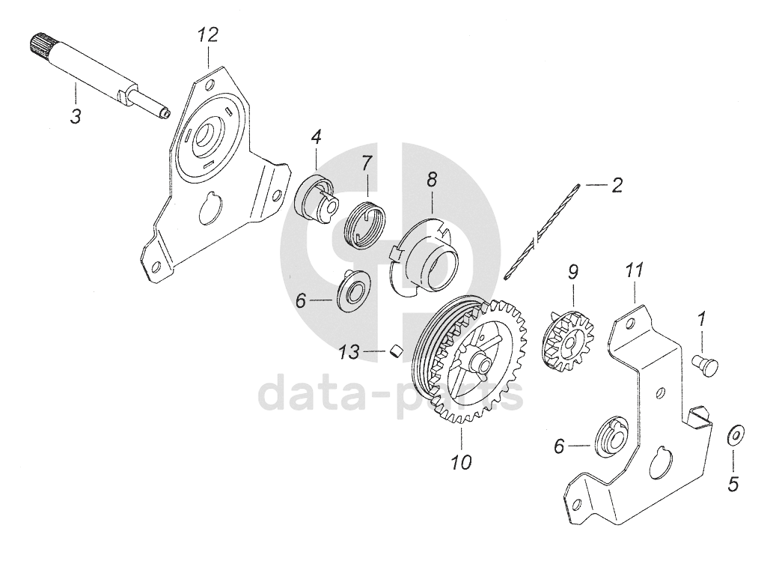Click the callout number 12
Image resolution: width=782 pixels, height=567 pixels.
coord(207,34)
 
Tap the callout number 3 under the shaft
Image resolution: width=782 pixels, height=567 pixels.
coord(76,116)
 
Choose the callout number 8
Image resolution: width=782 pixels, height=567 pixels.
coord(432,180)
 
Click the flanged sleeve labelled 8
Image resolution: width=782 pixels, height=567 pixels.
coord(430,258)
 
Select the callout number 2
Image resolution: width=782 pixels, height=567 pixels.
coord(617,185)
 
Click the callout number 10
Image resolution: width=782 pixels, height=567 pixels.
coord(461,462)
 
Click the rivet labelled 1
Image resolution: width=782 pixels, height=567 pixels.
coord(705,365)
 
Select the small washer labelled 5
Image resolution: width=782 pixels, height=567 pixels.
coord(735,434)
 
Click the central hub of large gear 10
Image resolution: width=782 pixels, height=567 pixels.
coord(480,364)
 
